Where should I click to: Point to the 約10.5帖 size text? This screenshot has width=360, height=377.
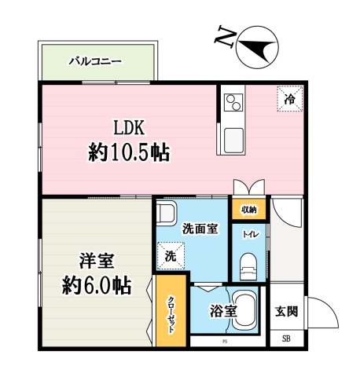(x=130, y=152)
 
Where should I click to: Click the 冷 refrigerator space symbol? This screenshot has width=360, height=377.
(x=290, y=99)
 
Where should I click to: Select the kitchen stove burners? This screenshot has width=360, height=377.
(x=233, y=102)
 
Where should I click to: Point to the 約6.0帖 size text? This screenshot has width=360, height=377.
(x=97, y=284)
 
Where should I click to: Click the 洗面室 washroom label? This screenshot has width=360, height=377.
(x=200, y=229)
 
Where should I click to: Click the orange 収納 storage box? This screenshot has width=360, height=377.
(x=249, y=209)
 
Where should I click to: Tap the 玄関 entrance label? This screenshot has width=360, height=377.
(x=286, y=312)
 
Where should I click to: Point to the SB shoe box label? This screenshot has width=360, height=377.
(x=286, y=339)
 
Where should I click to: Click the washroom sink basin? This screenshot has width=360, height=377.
(x=165, y=214)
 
